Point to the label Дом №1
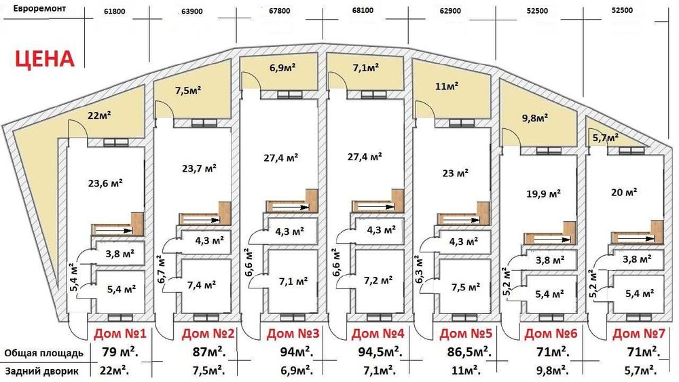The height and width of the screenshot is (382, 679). (120, 335)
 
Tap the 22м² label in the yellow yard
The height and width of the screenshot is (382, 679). (100, 115)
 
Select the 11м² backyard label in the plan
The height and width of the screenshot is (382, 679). (446, 86)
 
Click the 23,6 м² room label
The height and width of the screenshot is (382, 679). (105, 183)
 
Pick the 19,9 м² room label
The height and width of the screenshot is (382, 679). (543, 193)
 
